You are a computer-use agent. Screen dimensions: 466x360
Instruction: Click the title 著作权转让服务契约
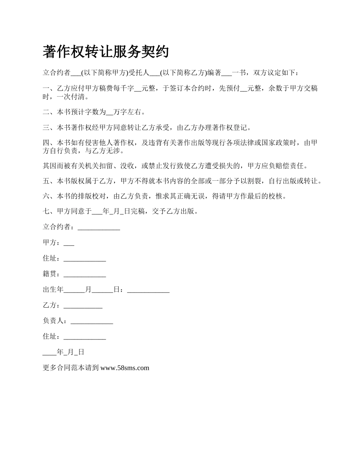106,52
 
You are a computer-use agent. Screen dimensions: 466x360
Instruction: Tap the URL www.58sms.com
125,367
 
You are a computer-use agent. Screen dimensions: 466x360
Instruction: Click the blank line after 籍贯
85,274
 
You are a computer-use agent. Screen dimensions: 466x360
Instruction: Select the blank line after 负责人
92,321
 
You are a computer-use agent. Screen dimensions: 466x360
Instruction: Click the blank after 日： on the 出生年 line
148,290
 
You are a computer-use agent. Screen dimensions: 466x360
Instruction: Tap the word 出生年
53,290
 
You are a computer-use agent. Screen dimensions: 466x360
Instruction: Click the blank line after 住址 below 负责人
85,336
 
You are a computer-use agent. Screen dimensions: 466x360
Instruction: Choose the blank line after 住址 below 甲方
85,259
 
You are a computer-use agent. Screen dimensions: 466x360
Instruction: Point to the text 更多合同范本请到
71,367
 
